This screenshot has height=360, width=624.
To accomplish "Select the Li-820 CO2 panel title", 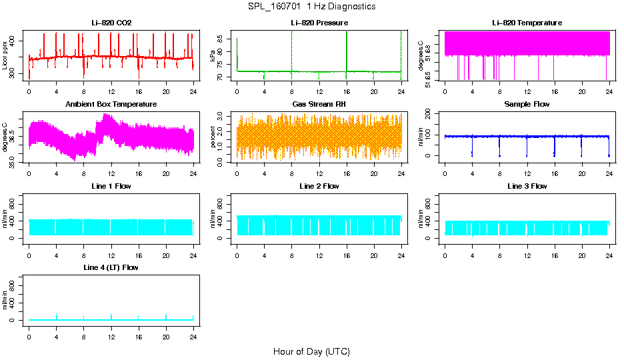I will [x=111, y=23].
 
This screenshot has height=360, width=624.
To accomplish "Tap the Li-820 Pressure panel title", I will [x=319, y=23].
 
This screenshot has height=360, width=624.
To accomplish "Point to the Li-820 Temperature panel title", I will [x=527, y=23].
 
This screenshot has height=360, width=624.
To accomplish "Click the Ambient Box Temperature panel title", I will [x=111, y=105].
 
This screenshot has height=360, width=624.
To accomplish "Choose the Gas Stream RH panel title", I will [x=319, y=105].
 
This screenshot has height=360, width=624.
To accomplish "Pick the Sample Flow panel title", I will [x=527, y=105].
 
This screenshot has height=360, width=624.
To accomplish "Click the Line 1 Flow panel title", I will [x=111, y=186].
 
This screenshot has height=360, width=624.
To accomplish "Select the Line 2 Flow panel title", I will [x=319, y=186].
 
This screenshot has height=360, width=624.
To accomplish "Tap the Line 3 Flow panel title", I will [x=527, y=186].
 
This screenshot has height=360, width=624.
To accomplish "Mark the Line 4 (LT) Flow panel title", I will [x=111, y=267].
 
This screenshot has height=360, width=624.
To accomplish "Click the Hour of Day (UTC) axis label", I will [x=311, y=351].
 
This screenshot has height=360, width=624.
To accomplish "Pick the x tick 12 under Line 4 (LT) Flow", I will [x=111, y=338].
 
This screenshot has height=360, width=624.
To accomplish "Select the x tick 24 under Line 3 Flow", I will [x=609, y=257].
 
